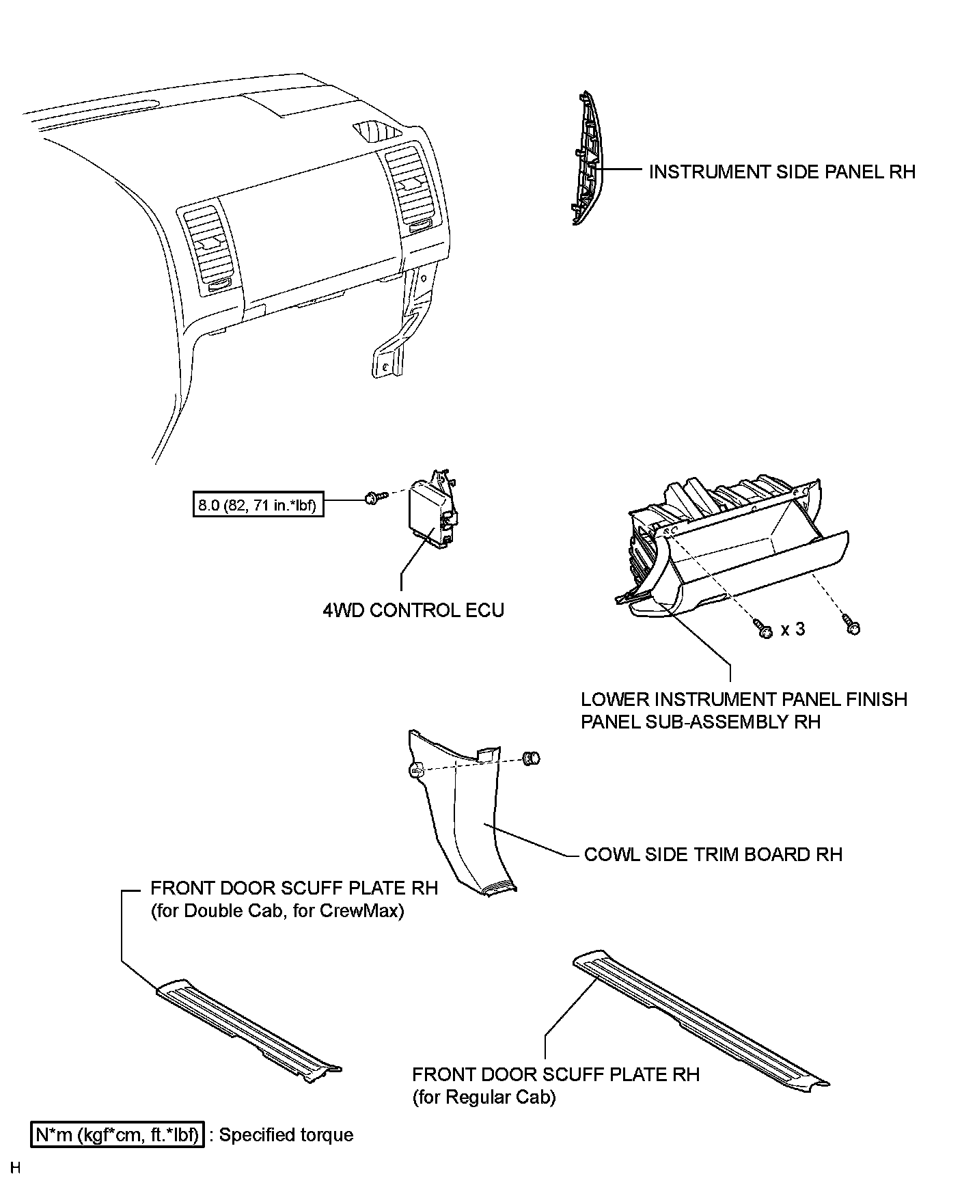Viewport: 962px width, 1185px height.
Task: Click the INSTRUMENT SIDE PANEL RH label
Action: pyautogui.click(x=782, y=172)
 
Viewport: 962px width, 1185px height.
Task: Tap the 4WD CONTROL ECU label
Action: pyautogui.click(x=413, y=610)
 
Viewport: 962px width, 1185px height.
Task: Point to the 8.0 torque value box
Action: pyautogui.click(x=258, y=506)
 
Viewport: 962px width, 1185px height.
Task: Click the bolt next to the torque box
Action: pyautogui.click(x=373, y=498)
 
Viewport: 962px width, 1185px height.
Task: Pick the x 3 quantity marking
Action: pyautogui.click(x=793, y=629)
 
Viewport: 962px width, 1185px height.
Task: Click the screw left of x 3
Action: pyautogui.click(x=763, y=629)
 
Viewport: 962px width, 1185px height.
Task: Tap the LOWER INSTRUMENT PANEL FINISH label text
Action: pyautogui.click(x=743, y=700)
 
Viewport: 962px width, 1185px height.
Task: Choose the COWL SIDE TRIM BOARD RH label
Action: pyautogui.click(x=713, y=855)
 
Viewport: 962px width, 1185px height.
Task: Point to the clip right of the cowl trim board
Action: pyautogui.click(x=531, y=757)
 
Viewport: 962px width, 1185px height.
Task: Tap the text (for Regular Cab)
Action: pyautogui.click(x=484, y=1098)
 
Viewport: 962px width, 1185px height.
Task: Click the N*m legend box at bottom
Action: pyautogui.click(x=118, y=1135)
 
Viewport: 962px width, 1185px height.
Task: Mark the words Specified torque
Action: pyautogui.click(x=286, y=1135)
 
